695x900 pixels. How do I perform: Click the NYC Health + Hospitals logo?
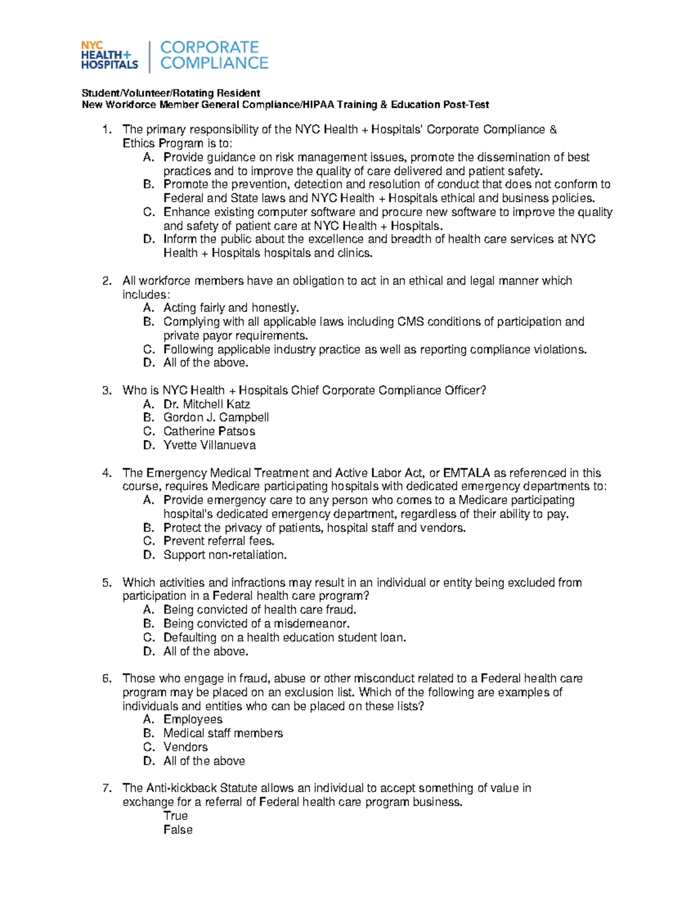[x=109, y=56]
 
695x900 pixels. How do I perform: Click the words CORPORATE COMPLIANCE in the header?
[x=214, y=55]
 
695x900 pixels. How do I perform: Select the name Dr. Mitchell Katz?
[x=206, y=404]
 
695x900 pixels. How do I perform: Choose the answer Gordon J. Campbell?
[x=215, y=417]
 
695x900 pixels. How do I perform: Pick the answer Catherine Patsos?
[x=209, y=431]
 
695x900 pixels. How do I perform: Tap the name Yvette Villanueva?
[x=209, y=445]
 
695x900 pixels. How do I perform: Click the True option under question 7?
[x=175, y=815]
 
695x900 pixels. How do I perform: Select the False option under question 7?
[x=178, y=829]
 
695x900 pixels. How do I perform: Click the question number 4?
[x=106, y=473]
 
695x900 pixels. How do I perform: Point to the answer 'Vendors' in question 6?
[x=185, y=747]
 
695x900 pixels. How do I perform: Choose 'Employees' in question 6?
[x=192, y=719]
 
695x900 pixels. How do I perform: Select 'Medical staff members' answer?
[x=223, y=733]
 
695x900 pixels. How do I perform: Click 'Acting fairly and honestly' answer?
[x=231, y=308]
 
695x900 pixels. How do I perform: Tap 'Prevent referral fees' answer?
[x=219, y=541]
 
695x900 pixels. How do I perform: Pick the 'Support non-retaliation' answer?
[x=225, y=555]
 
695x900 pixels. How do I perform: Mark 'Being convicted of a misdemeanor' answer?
[x=257, y=624]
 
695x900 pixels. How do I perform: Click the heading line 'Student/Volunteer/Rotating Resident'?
[x=171, y=93]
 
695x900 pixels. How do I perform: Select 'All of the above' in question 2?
[x=206, y=363]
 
